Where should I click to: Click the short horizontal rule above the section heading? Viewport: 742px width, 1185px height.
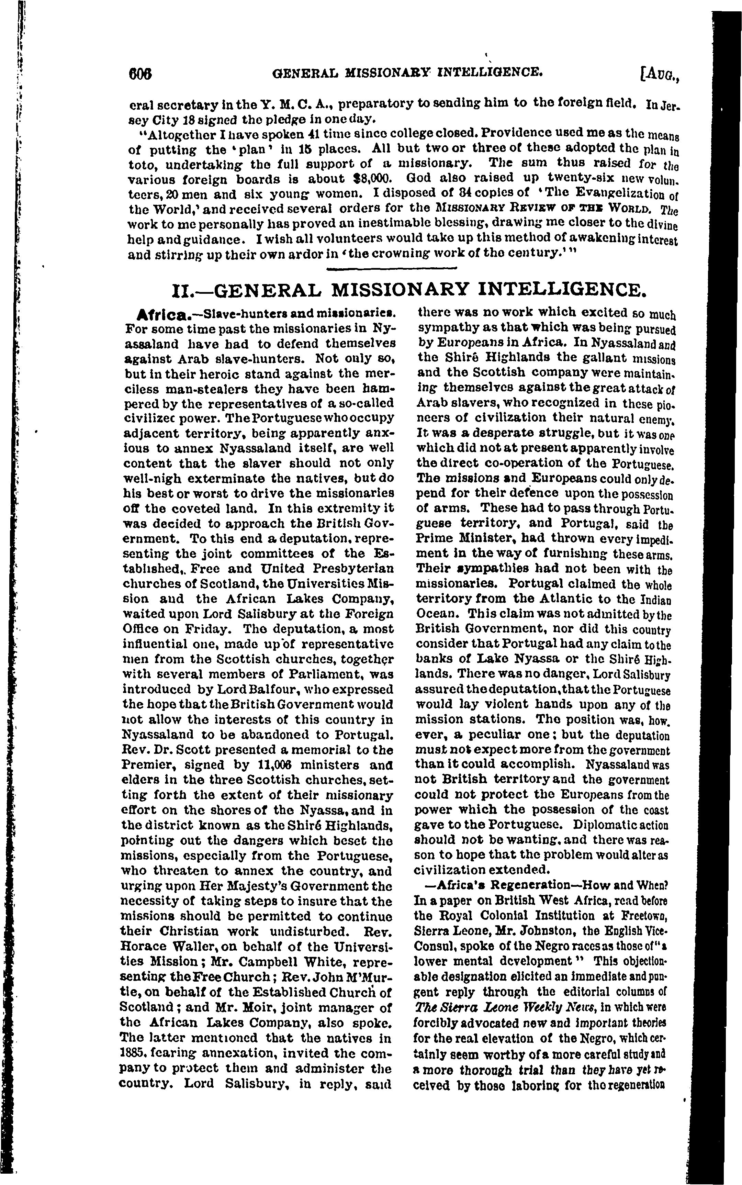point(391,268)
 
